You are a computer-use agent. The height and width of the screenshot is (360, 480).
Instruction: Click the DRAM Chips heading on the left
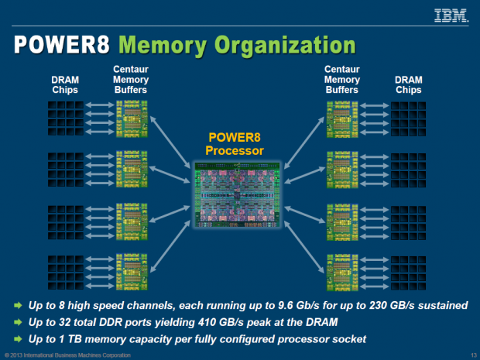pyautogui.click(x=66, y=84)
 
